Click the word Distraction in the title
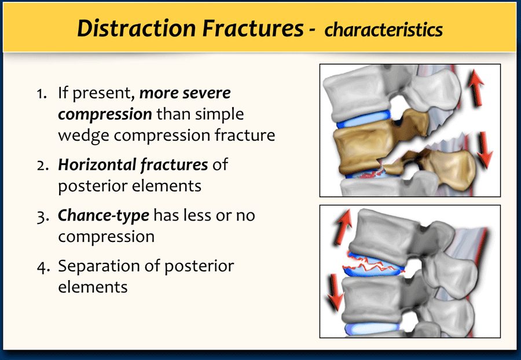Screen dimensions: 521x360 pos(137,28)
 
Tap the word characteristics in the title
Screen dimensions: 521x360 pos(383,30)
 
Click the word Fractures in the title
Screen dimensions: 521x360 pos(253,28)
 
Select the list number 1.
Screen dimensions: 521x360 pos(42,94)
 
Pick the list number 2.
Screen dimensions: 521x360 pos(43,166)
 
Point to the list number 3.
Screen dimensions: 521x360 pos(43,216)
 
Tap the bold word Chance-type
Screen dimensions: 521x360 pos(104,216)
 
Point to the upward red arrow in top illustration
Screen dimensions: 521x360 pos(476,88)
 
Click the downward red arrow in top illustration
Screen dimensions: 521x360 pos(485,150)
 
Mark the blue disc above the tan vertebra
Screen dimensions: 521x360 pos(364,120)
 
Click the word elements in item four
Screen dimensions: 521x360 pos(93,287)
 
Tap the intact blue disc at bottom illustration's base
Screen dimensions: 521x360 pos(372,329)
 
